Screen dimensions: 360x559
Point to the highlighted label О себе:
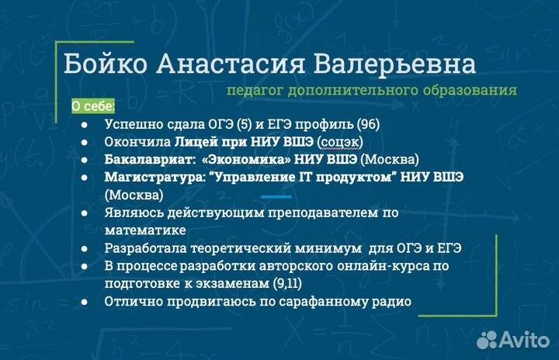click(92, 106)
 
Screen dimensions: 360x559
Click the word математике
click(144, 230)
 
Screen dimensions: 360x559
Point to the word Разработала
click(142, 248)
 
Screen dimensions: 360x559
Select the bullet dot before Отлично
click(84, 302)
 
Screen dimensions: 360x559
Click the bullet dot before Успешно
click(84, 124)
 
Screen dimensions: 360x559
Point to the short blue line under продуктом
click(276, 196)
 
